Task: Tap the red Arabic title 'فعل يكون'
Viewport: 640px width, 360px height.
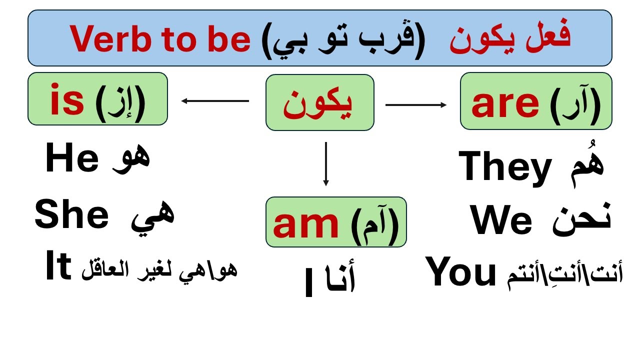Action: coord(509,38)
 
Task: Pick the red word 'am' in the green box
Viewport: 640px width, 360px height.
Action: coord(305,223)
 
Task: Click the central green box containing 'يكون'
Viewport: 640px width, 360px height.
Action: coord(319,102)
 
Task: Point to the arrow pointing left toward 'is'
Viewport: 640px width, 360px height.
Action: coord(215,101)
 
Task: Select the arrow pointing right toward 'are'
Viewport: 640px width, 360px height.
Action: coord(416,104)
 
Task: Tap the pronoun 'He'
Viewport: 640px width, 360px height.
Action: coord(72,159)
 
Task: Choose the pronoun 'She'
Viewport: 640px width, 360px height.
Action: coord(71,215)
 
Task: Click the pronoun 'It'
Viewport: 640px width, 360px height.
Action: coord(56,268)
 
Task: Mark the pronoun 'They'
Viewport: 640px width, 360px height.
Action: coord(505,167)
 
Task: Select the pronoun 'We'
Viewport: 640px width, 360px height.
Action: coord(501,221)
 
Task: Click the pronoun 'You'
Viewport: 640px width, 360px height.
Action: coord(461,273)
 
